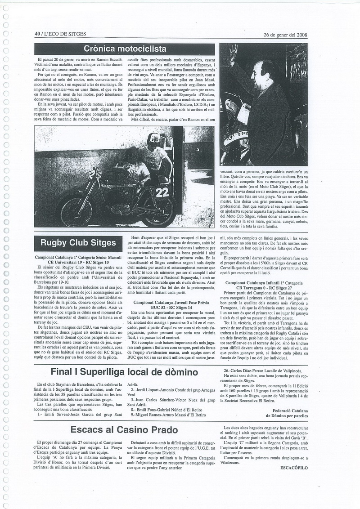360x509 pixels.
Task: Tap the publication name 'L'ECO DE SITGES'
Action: (65, 34)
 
